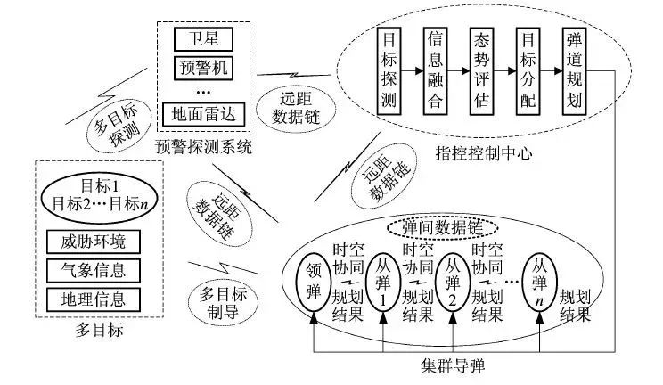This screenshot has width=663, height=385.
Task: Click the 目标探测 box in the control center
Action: pyautogui.click(x=390, y=69)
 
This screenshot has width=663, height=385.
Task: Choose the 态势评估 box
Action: pyautogui.click(x=482, y=69)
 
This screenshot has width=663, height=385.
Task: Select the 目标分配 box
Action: pyautogui.click(x=528, y=69)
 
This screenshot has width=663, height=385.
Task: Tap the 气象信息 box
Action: pyautogui.click(x=99, y=268)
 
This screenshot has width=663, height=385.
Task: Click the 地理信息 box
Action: pyautogui.click(x=99, y=297)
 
